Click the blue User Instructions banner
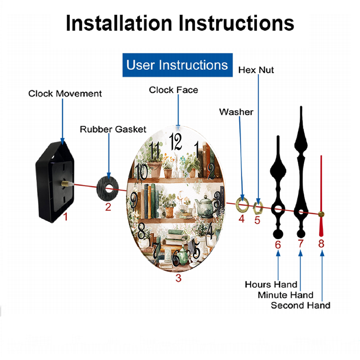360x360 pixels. pos(177,65)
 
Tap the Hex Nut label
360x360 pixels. pos(256,70)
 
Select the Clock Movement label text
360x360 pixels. pos(65,94)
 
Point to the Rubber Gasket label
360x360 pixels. pos(113,129)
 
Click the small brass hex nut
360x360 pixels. pos(258,208)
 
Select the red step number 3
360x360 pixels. pos(179,278)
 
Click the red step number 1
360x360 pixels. pos(66,216)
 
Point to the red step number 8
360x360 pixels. pos(321,244)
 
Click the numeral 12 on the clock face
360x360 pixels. pos(176,142)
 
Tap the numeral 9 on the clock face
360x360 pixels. pos(134,201)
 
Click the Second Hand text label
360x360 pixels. pos(301,305)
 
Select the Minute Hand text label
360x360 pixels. pos(285,295)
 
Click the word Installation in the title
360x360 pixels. pos(119,23)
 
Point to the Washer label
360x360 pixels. pos(236,112)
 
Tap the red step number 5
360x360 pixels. pos(257,220)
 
